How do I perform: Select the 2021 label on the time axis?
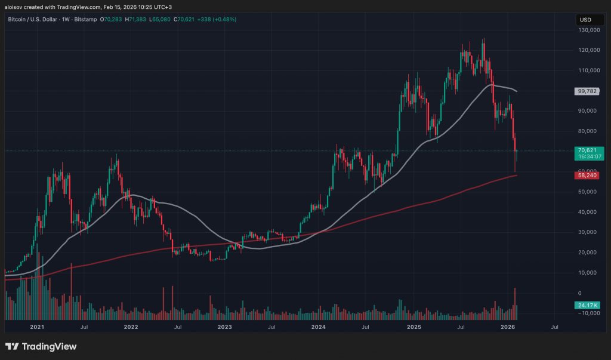pyautogui.click(x=37, y=327)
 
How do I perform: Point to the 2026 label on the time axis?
pyautogui.click(x=507, y=327)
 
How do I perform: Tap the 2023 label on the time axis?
pyautogui.click(x=225, y=327)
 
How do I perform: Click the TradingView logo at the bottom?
pyautogui.click(x=41, y=346)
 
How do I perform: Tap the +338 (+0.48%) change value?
pyautogui.click(x=219, y=19)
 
